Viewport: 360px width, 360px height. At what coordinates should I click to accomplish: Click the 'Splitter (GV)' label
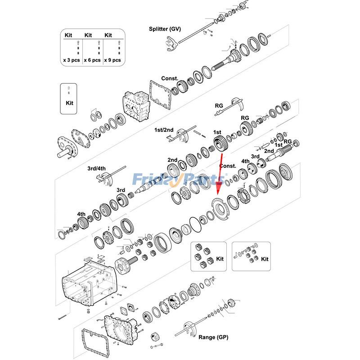click(165, 29)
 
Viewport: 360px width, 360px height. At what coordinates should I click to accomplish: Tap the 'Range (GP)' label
click(214, 337)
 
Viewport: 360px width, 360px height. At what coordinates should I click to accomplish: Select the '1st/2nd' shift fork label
click(164, 130)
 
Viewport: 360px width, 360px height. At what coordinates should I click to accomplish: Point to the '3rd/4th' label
click(96, 169)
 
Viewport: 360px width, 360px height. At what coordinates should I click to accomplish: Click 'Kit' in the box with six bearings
click(220, 259)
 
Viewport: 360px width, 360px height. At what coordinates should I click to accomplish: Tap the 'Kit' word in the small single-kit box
click(69, 103)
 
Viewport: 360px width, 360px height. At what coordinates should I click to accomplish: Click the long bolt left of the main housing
click(63, 318)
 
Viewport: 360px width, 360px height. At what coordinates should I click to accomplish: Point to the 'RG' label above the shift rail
click(219, 106)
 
